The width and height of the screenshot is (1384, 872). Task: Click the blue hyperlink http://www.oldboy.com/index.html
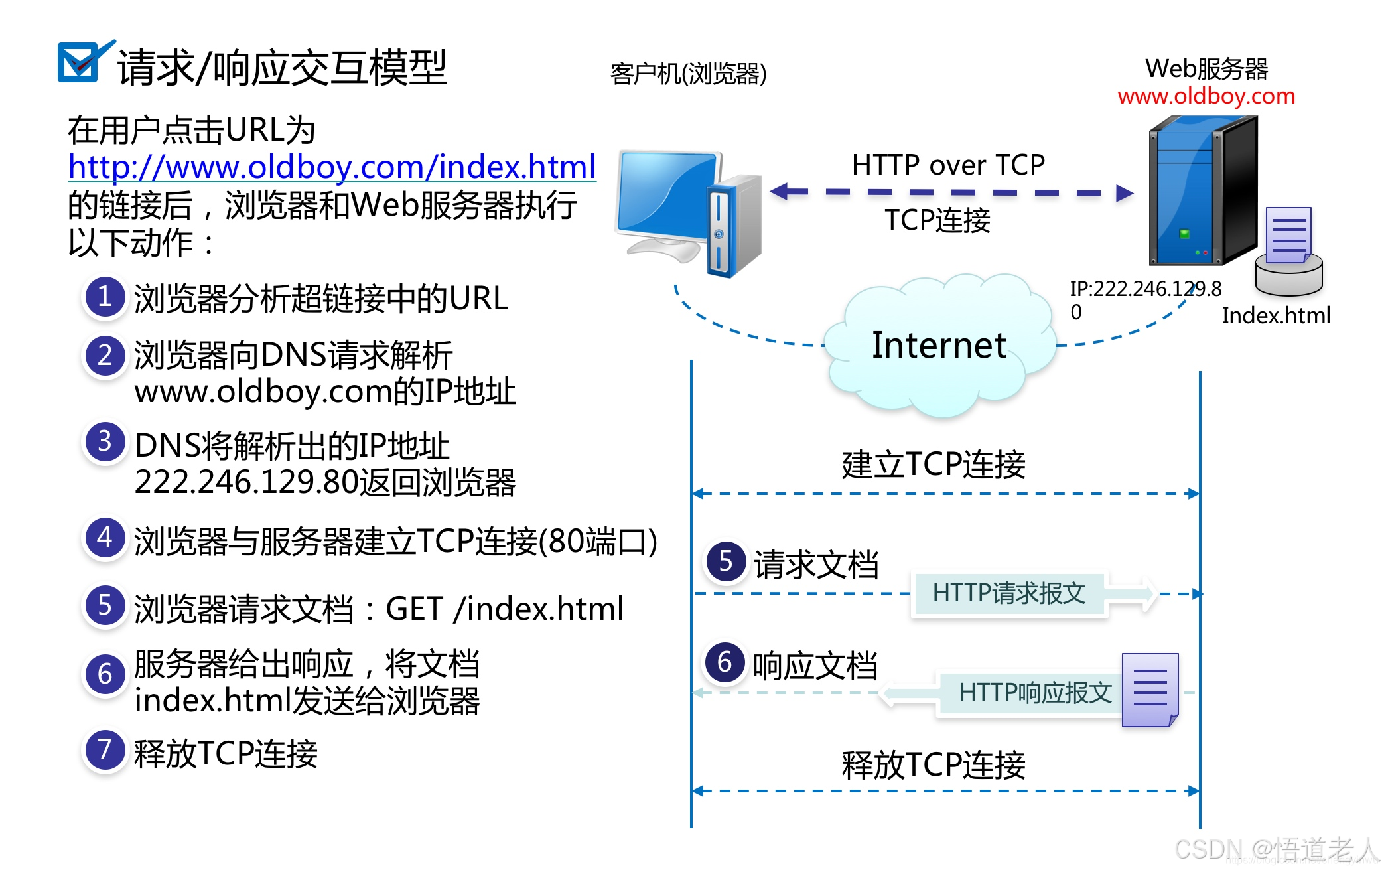[x=332, y=167]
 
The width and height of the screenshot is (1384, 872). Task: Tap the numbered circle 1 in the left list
[x=104, y=297]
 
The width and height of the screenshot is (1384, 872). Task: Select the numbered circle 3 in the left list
[x=104, y=442]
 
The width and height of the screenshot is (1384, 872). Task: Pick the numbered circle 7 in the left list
[x=104, y=750]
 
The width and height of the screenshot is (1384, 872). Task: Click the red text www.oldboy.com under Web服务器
[x=1206, y=96]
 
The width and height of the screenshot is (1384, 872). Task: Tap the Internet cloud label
[x=938, y=346]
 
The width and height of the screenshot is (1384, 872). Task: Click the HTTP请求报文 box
[x=1008, y=593]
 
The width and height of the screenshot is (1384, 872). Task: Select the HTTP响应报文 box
[x=1034, y=693]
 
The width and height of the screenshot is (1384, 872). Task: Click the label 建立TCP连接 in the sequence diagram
[x=933, y=464]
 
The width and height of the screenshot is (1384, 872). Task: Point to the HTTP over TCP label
[x=947, y=165]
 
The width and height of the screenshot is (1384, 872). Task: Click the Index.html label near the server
[x=1275, y=315]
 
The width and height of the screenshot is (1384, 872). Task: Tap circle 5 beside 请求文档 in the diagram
[x=725, y=561]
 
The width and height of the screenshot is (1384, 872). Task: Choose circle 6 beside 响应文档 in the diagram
[x=725, y=662]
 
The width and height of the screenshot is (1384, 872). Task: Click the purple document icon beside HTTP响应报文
[x=1149, y=690]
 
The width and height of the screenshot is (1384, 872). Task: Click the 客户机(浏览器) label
[x=688, y=74]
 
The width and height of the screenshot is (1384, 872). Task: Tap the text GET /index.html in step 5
[x=504, y=609]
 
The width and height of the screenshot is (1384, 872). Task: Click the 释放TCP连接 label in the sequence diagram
[x=933, y=764]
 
